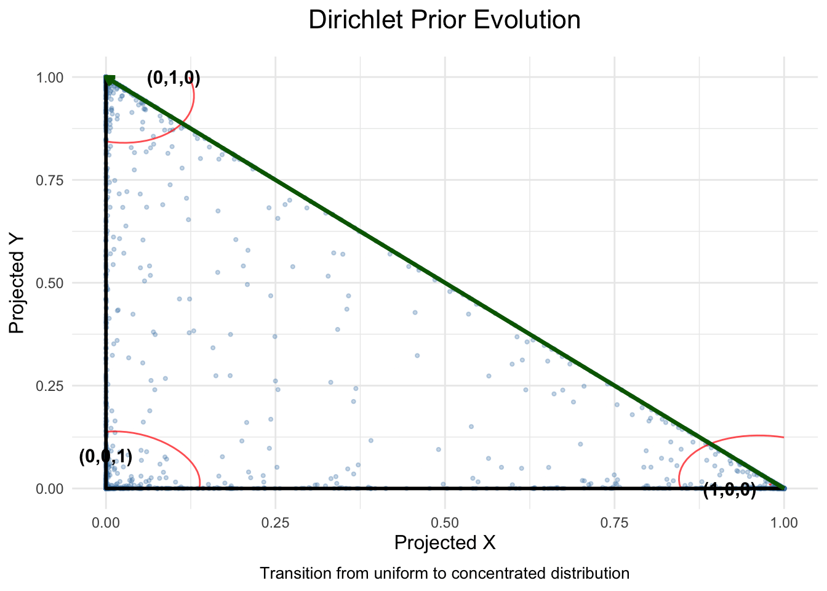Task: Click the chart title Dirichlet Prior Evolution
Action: [x=444, y=20]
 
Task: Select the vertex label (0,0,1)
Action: [x=106, y=457]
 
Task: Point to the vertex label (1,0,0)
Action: [x=729, y=490]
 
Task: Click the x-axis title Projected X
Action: [x=445, y=543]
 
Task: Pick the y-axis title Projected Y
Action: [x=17, y=283]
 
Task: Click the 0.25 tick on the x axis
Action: [x=276, y=523]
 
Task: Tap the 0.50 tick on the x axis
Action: [x=445, y=523]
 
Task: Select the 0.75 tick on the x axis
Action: [x=614, y=523]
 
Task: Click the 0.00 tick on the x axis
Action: [x=106, y=523]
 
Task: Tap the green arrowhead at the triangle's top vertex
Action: [x=109, y=79]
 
